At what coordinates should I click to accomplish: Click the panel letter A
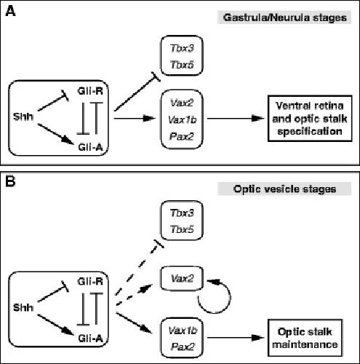coord(10,11)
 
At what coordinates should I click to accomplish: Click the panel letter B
coord(10,181)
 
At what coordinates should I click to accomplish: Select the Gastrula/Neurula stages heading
coord(285,17)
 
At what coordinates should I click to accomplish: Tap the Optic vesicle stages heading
coord(285,189)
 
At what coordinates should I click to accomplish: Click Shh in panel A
coord(23,116)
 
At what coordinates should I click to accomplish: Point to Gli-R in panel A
coord(90,91)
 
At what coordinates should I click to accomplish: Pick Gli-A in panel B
coord(90,339)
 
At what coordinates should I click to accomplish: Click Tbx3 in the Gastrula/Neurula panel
coord(182,48)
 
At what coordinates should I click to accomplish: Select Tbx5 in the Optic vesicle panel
coord(182,229)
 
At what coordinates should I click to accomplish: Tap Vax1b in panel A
coord(183,119)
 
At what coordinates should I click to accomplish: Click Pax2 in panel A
coord(182,136)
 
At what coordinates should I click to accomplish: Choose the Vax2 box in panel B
coord(182,278)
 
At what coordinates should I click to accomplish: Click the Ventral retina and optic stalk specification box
coord(310,119)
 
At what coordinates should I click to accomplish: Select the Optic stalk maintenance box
coord(305,338)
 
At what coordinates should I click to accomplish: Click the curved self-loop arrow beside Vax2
coord(230,297)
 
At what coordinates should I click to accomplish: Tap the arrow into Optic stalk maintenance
coord(236,338)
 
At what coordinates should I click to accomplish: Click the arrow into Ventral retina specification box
coord(236,119)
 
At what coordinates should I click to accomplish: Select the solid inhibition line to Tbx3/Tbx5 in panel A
coord(136,92)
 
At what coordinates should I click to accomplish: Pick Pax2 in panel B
coord(183,347)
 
